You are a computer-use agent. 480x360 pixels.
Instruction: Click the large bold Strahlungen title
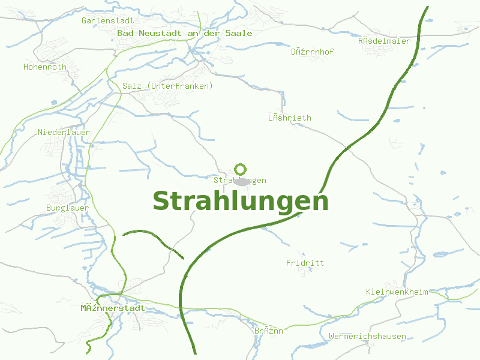pyautogui.click(x=241, y=202)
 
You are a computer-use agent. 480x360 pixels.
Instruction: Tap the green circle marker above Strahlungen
pyautogui.click(x=241, y=169)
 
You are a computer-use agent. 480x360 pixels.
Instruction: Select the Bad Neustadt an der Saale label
pyautogui.click(x=185, y=34)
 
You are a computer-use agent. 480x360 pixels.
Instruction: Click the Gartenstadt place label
pyautogui.click(x=107, y=20)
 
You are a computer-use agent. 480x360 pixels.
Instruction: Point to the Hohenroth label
pyautogui.click(x=45, y=67)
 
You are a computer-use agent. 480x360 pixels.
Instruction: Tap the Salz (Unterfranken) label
pyautogui.click(x=167, y=86)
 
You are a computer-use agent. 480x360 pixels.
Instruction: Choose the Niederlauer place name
pyautogui.click(x=64, y=132)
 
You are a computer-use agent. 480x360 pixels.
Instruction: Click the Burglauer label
pyautogui.click(x=67, y=208)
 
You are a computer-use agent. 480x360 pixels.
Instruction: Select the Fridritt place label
pyautogui.click(x=305, y=263)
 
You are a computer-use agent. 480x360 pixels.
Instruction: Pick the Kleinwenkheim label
pyautogui.click(x=397, y=292)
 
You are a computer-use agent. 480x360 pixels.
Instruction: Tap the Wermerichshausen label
pyautogui.click(x=367, y=336)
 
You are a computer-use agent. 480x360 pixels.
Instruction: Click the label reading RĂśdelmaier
pyautogui.click(x=384, y=41)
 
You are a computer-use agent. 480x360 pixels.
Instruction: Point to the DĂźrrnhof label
pyautogui.click(x=312, y=52)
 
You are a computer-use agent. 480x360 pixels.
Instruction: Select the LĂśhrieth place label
pyautogui.click(x=289, y=118)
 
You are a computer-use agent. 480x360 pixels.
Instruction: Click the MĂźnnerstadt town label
pyautogui.click(x=113, y=308)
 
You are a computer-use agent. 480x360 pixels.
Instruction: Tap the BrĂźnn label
pyautogui.click(x=268, y=331)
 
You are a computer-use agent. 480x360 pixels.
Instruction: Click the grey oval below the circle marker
pyautogui.click(x=241, y=181)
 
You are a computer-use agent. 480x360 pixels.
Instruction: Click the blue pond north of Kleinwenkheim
pyautogui.click(x=442, y=254)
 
